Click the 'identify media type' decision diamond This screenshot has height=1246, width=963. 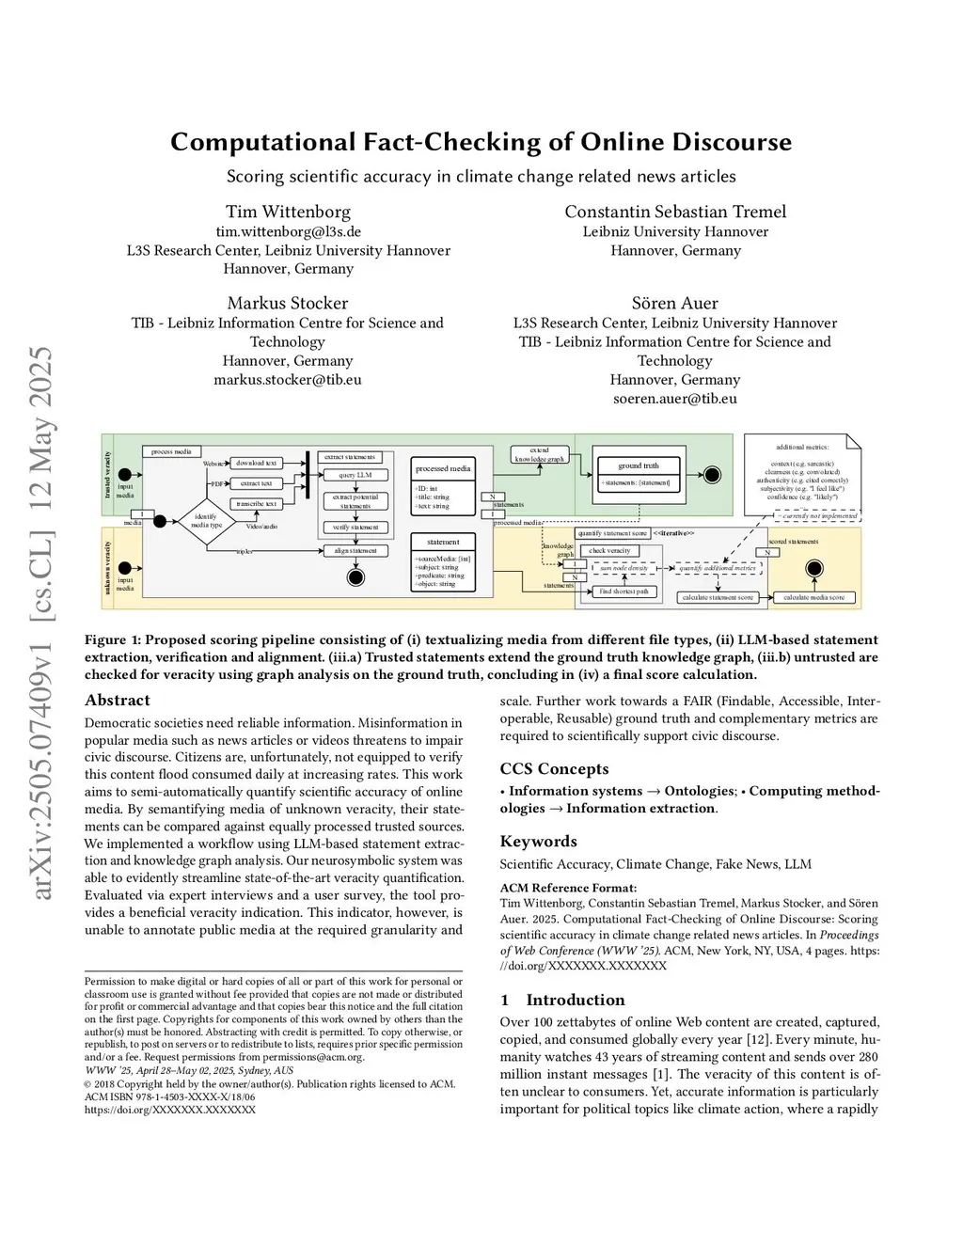pyautogui.click(x=206, y=520)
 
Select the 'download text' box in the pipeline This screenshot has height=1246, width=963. pyautogui.click(x=256, y=463)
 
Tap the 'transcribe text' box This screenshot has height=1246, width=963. pyautogui.click(x=256, y=504)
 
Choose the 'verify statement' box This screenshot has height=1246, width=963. pyautogui.click(x=355, y=528)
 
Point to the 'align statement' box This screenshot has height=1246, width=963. pyautogui.click(x=355, y=551)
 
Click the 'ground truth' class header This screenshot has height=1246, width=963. pyautogui.click(x=639, y=465)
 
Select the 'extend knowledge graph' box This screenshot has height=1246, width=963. pyautogui.click(x=539, y=455)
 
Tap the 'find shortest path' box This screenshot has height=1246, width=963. pyautogui.click(x=624, y=591)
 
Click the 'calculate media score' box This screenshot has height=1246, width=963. pyautogui.click(x=814, y=597)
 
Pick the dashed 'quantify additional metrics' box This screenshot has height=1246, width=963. pyautogui.click(x=718, y=568)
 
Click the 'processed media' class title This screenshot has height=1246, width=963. pyautogui.click(x=443, y=468)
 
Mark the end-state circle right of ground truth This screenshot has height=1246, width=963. pyautogui.click(x=713, y=475)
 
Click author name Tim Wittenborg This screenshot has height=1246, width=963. pyautogui.click(x=288, y=212)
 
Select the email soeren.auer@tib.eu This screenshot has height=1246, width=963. pyautogui.click(x=674, y=399)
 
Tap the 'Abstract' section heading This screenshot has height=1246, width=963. pyautogui.click(x=118, y=701)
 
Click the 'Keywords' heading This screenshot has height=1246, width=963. pyautogui.click(x=538, y=841)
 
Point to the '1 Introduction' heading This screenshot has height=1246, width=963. pyautogui.click(x=562, y=1000)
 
